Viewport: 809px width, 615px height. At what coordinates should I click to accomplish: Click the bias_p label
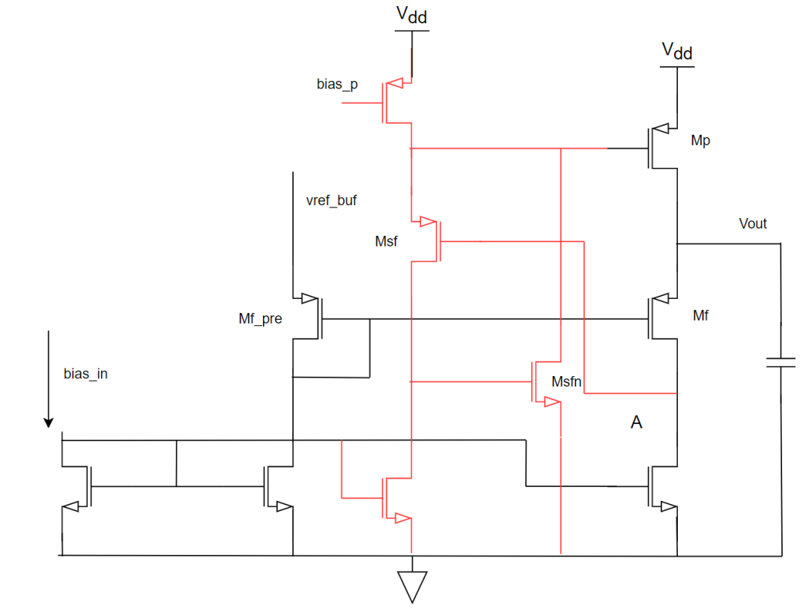pos(337,84)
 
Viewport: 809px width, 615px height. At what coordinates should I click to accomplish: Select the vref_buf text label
pos(331,201)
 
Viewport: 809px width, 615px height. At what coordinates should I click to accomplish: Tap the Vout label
pos(752,223)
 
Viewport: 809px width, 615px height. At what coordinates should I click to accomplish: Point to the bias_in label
pos(85,373)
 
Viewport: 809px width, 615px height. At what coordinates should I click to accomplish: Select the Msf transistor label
pos(386,242)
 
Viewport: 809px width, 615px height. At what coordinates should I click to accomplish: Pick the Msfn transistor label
pos(566,381)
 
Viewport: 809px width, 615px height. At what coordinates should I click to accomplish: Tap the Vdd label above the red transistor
pos(411,14)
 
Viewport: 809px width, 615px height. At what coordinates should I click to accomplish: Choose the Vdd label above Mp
pos(677,51)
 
